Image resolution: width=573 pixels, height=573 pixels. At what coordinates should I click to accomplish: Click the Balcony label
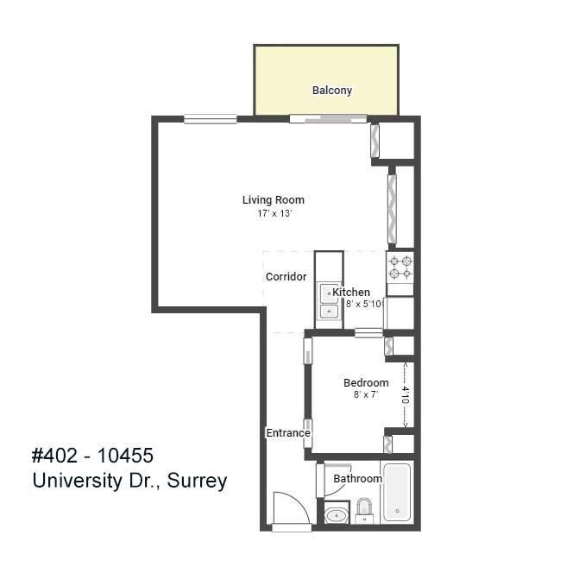(x=331, y=91)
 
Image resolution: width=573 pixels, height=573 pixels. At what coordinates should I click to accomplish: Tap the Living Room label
(x=273, y=200)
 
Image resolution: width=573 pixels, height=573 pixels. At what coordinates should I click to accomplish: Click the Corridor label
(x=286, y=277)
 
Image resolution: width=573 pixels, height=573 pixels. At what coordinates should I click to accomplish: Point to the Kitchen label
(x=352, y=293)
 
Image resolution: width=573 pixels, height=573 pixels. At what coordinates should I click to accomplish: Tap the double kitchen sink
(x=329, y=303)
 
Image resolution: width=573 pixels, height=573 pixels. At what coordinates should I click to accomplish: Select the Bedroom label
(x=366, y=383)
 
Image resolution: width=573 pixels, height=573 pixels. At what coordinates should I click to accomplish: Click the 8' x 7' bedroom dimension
(x=366, y=395)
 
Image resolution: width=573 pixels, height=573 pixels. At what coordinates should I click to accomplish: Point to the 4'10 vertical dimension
(x=405, y=395)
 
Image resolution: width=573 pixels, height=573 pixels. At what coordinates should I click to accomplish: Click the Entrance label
(x=287, y=433)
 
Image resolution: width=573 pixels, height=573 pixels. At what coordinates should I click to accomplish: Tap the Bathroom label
(x=357, y=479)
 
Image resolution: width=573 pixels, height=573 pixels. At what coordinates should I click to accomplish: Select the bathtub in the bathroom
(x=397, y=494)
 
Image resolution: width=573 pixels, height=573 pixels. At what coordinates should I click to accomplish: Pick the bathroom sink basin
(x=336, y=516)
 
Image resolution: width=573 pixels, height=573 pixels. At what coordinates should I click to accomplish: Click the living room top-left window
(x=210, y=119)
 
